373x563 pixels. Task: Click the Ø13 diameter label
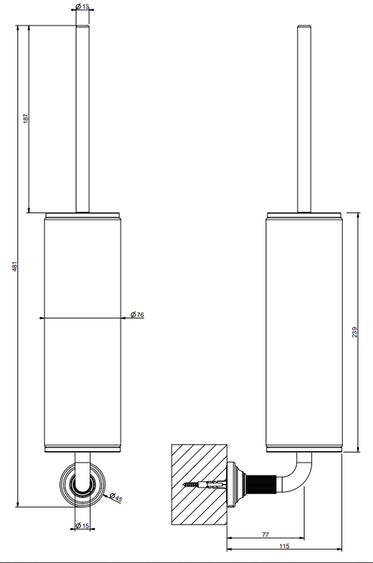coord(83,6)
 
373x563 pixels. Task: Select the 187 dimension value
coord(25,118)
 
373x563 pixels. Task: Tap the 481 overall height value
coord(15,266)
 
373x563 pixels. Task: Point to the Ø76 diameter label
coord(137,315)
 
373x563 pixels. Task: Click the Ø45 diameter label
coord(116,497)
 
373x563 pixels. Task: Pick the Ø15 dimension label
coord(83,526)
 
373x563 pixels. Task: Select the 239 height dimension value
coord(355,332)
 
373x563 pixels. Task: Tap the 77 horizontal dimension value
coord(265,534)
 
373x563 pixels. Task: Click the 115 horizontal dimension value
coord(284,546)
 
